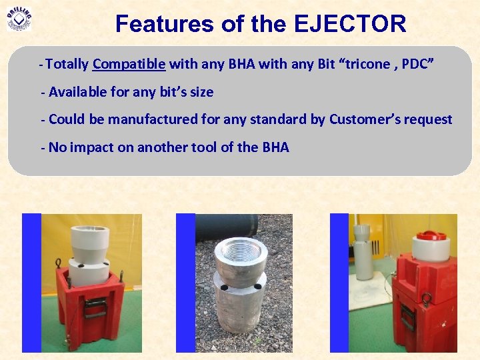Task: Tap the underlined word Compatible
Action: (129, 64)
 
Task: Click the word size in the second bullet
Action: (201, 92)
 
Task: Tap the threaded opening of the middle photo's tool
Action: (241, 251)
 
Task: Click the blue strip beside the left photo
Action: (31, 283)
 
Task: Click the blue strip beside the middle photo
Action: (185, 283)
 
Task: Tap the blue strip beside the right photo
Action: (339, 283)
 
